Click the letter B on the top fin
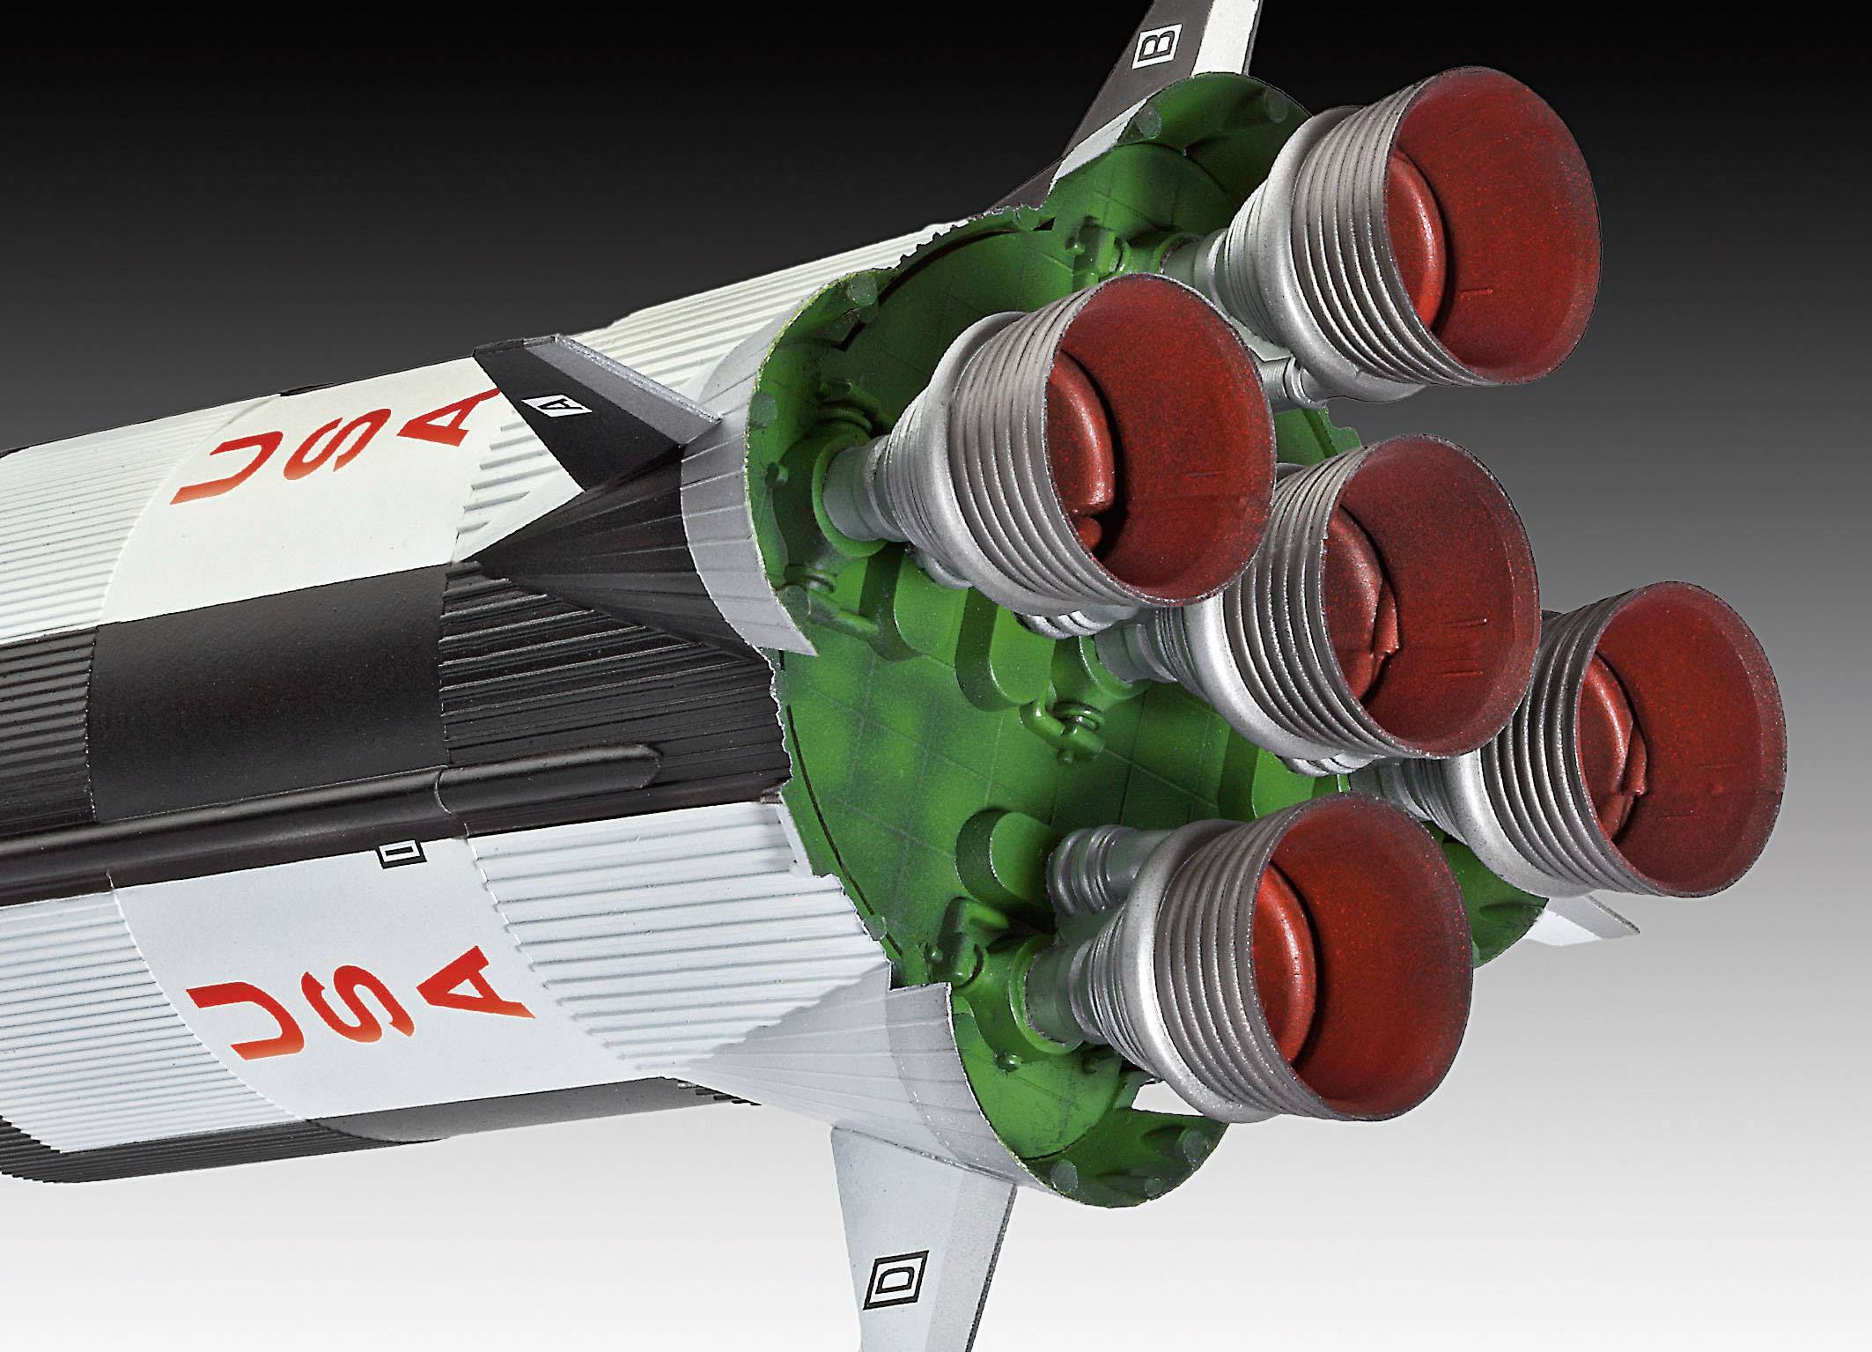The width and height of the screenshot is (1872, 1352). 1149,50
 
